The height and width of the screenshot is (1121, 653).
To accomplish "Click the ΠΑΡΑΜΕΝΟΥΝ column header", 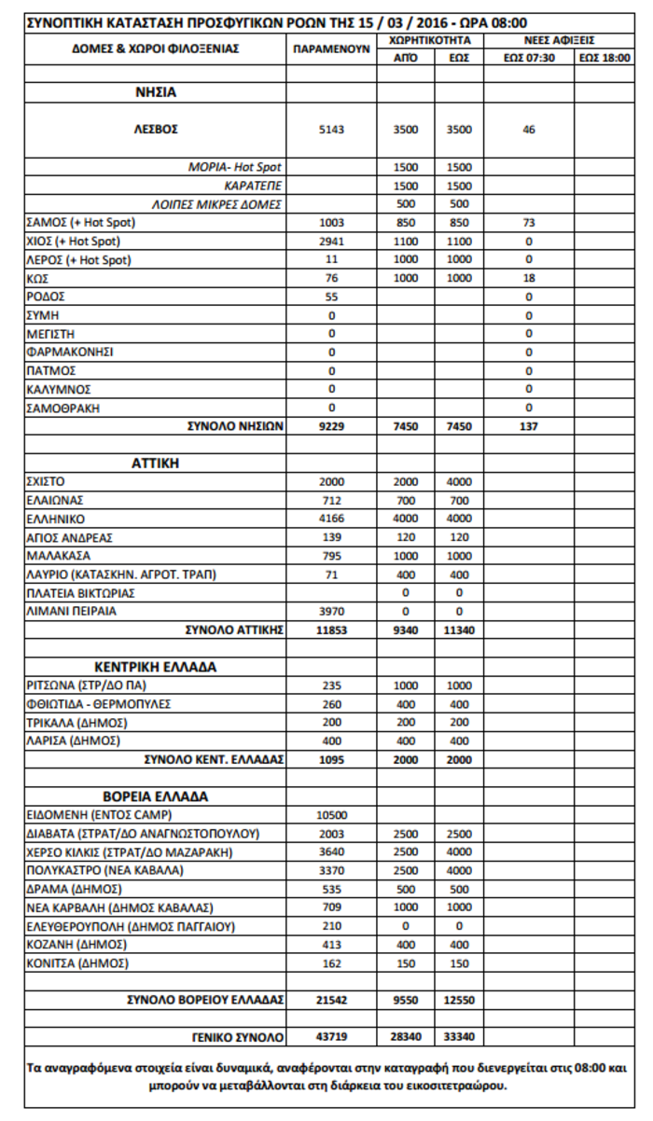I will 331,49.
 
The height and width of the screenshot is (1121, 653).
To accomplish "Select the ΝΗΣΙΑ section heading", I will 156,93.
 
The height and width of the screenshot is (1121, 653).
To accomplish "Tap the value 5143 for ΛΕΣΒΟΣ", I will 331,130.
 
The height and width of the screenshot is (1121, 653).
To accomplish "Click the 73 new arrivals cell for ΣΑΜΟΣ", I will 529,223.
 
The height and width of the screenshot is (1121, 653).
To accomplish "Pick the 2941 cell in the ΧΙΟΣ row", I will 331,241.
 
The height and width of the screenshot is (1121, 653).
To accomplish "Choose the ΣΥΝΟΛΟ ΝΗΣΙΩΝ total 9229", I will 331,425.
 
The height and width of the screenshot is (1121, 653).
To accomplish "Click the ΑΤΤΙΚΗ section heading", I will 156,463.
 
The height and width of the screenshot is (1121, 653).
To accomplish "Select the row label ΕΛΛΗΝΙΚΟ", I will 56,519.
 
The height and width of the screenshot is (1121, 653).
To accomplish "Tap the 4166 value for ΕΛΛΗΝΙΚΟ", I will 331,519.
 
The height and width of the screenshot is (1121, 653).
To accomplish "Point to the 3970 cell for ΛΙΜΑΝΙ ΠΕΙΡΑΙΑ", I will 331,611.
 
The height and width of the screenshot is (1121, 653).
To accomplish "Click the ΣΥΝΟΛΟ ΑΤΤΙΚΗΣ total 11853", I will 331,630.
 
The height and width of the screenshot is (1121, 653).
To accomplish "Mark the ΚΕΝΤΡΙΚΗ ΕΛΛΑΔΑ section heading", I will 156,668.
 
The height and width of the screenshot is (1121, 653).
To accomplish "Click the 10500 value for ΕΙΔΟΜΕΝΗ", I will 331,814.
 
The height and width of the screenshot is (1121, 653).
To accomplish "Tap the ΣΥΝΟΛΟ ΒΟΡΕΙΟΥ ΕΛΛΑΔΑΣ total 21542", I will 331,999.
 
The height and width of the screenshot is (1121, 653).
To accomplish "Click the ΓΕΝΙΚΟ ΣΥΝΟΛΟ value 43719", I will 331,1036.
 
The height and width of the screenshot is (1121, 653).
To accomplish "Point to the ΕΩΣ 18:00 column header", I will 603,58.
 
